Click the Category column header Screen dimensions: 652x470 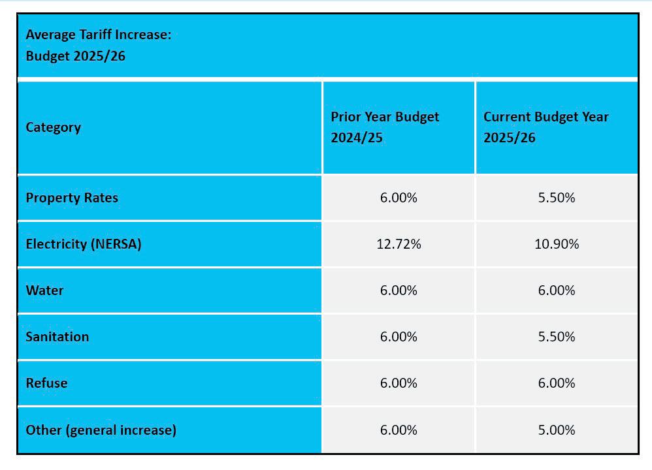point(53,127)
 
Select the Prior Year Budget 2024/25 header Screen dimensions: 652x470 point(385,127)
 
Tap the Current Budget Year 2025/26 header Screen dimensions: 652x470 point(546,127)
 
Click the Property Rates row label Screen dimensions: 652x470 point(72,198)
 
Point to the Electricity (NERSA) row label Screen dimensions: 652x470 point(84,244)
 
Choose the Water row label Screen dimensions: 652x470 point(44,290)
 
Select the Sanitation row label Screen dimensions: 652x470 point(57,337)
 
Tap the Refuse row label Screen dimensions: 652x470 point(46,383)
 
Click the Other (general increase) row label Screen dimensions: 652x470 point(101,430)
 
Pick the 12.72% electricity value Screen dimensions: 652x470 point(399,244)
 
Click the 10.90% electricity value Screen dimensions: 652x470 point(557,244)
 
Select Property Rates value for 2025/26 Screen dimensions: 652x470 point(557,198)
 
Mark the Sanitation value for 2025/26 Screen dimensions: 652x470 point(557,337)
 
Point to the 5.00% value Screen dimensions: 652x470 point(557,430)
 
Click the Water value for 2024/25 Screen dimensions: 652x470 point(399,290)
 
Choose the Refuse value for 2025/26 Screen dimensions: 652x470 point(557,383)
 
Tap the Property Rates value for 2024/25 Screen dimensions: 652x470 point(399,198)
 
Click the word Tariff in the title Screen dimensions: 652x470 point(95,35)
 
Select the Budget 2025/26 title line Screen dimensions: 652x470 point(76,56)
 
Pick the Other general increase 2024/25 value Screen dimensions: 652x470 point(399,430)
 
